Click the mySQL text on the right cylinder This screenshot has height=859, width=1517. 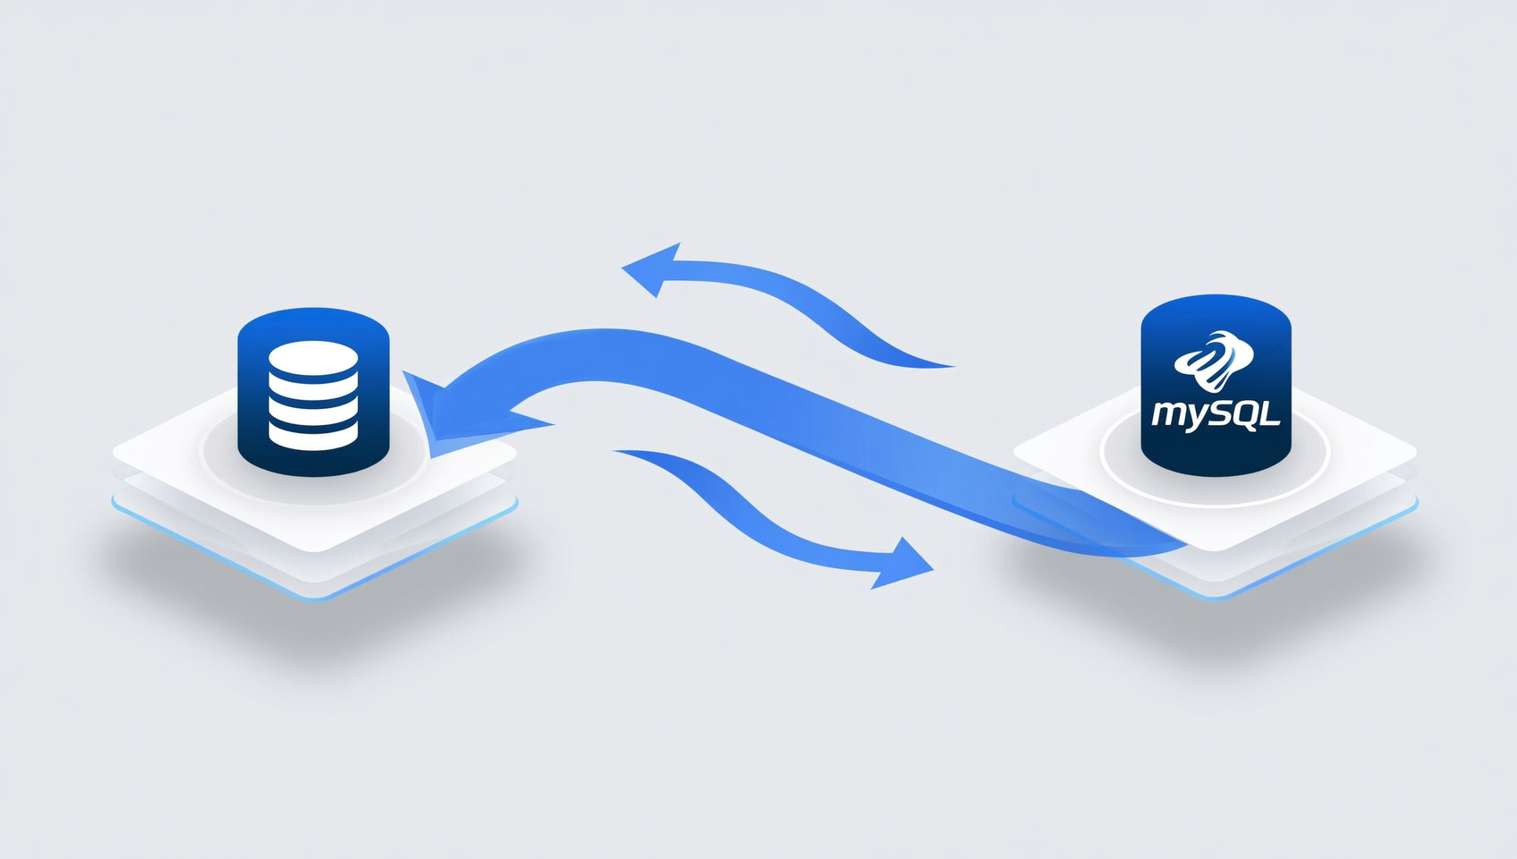(1216, 414)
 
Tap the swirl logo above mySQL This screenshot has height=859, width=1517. (1214, 361)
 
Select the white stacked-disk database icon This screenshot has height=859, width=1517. (313, 395)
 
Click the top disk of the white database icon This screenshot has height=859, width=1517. (313, 358)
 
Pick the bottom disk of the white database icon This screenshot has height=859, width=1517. (313, 436)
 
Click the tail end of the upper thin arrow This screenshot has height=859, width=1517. (953, 367)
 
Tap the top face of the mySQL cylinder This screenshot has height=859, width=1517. (1216, 314)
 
